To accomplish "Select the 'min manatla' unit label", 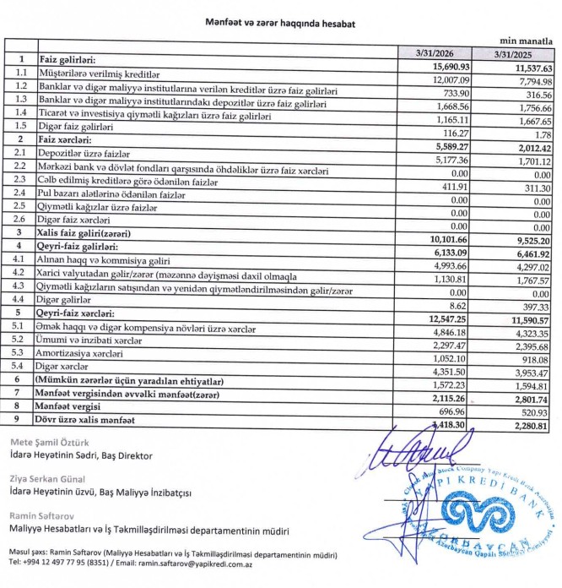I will point(527,39).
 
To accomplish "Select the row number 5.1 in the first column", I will point(20,327).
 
